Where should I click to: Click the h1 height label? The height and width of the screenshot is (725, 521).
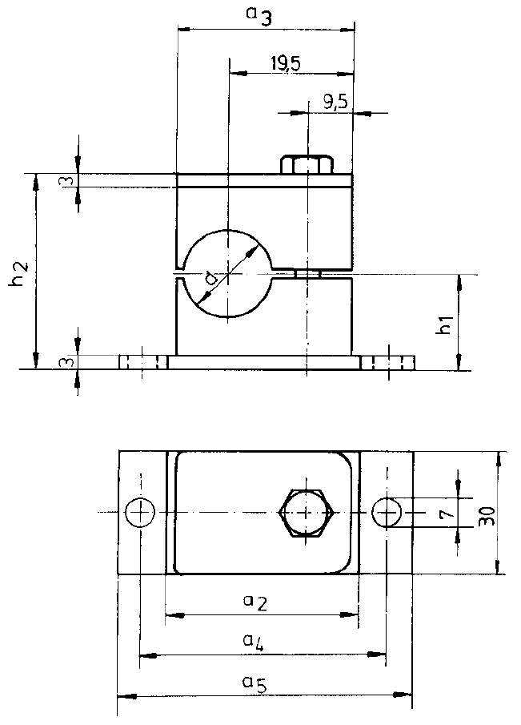coord(447,324)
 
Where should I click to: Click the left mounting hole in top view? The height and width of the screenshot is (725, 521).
coord(141,512)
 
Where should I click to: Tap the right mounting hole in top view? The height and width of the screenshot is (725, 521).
coord(389,511)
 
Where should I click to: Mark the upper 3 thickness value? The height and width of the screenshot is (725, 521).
coord(70,180)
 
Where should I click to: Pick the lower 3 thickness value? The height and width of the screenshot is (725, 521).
coord(70,362)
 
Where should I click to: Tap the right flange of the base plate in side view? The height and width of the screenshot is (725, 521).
coord(387,363)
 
